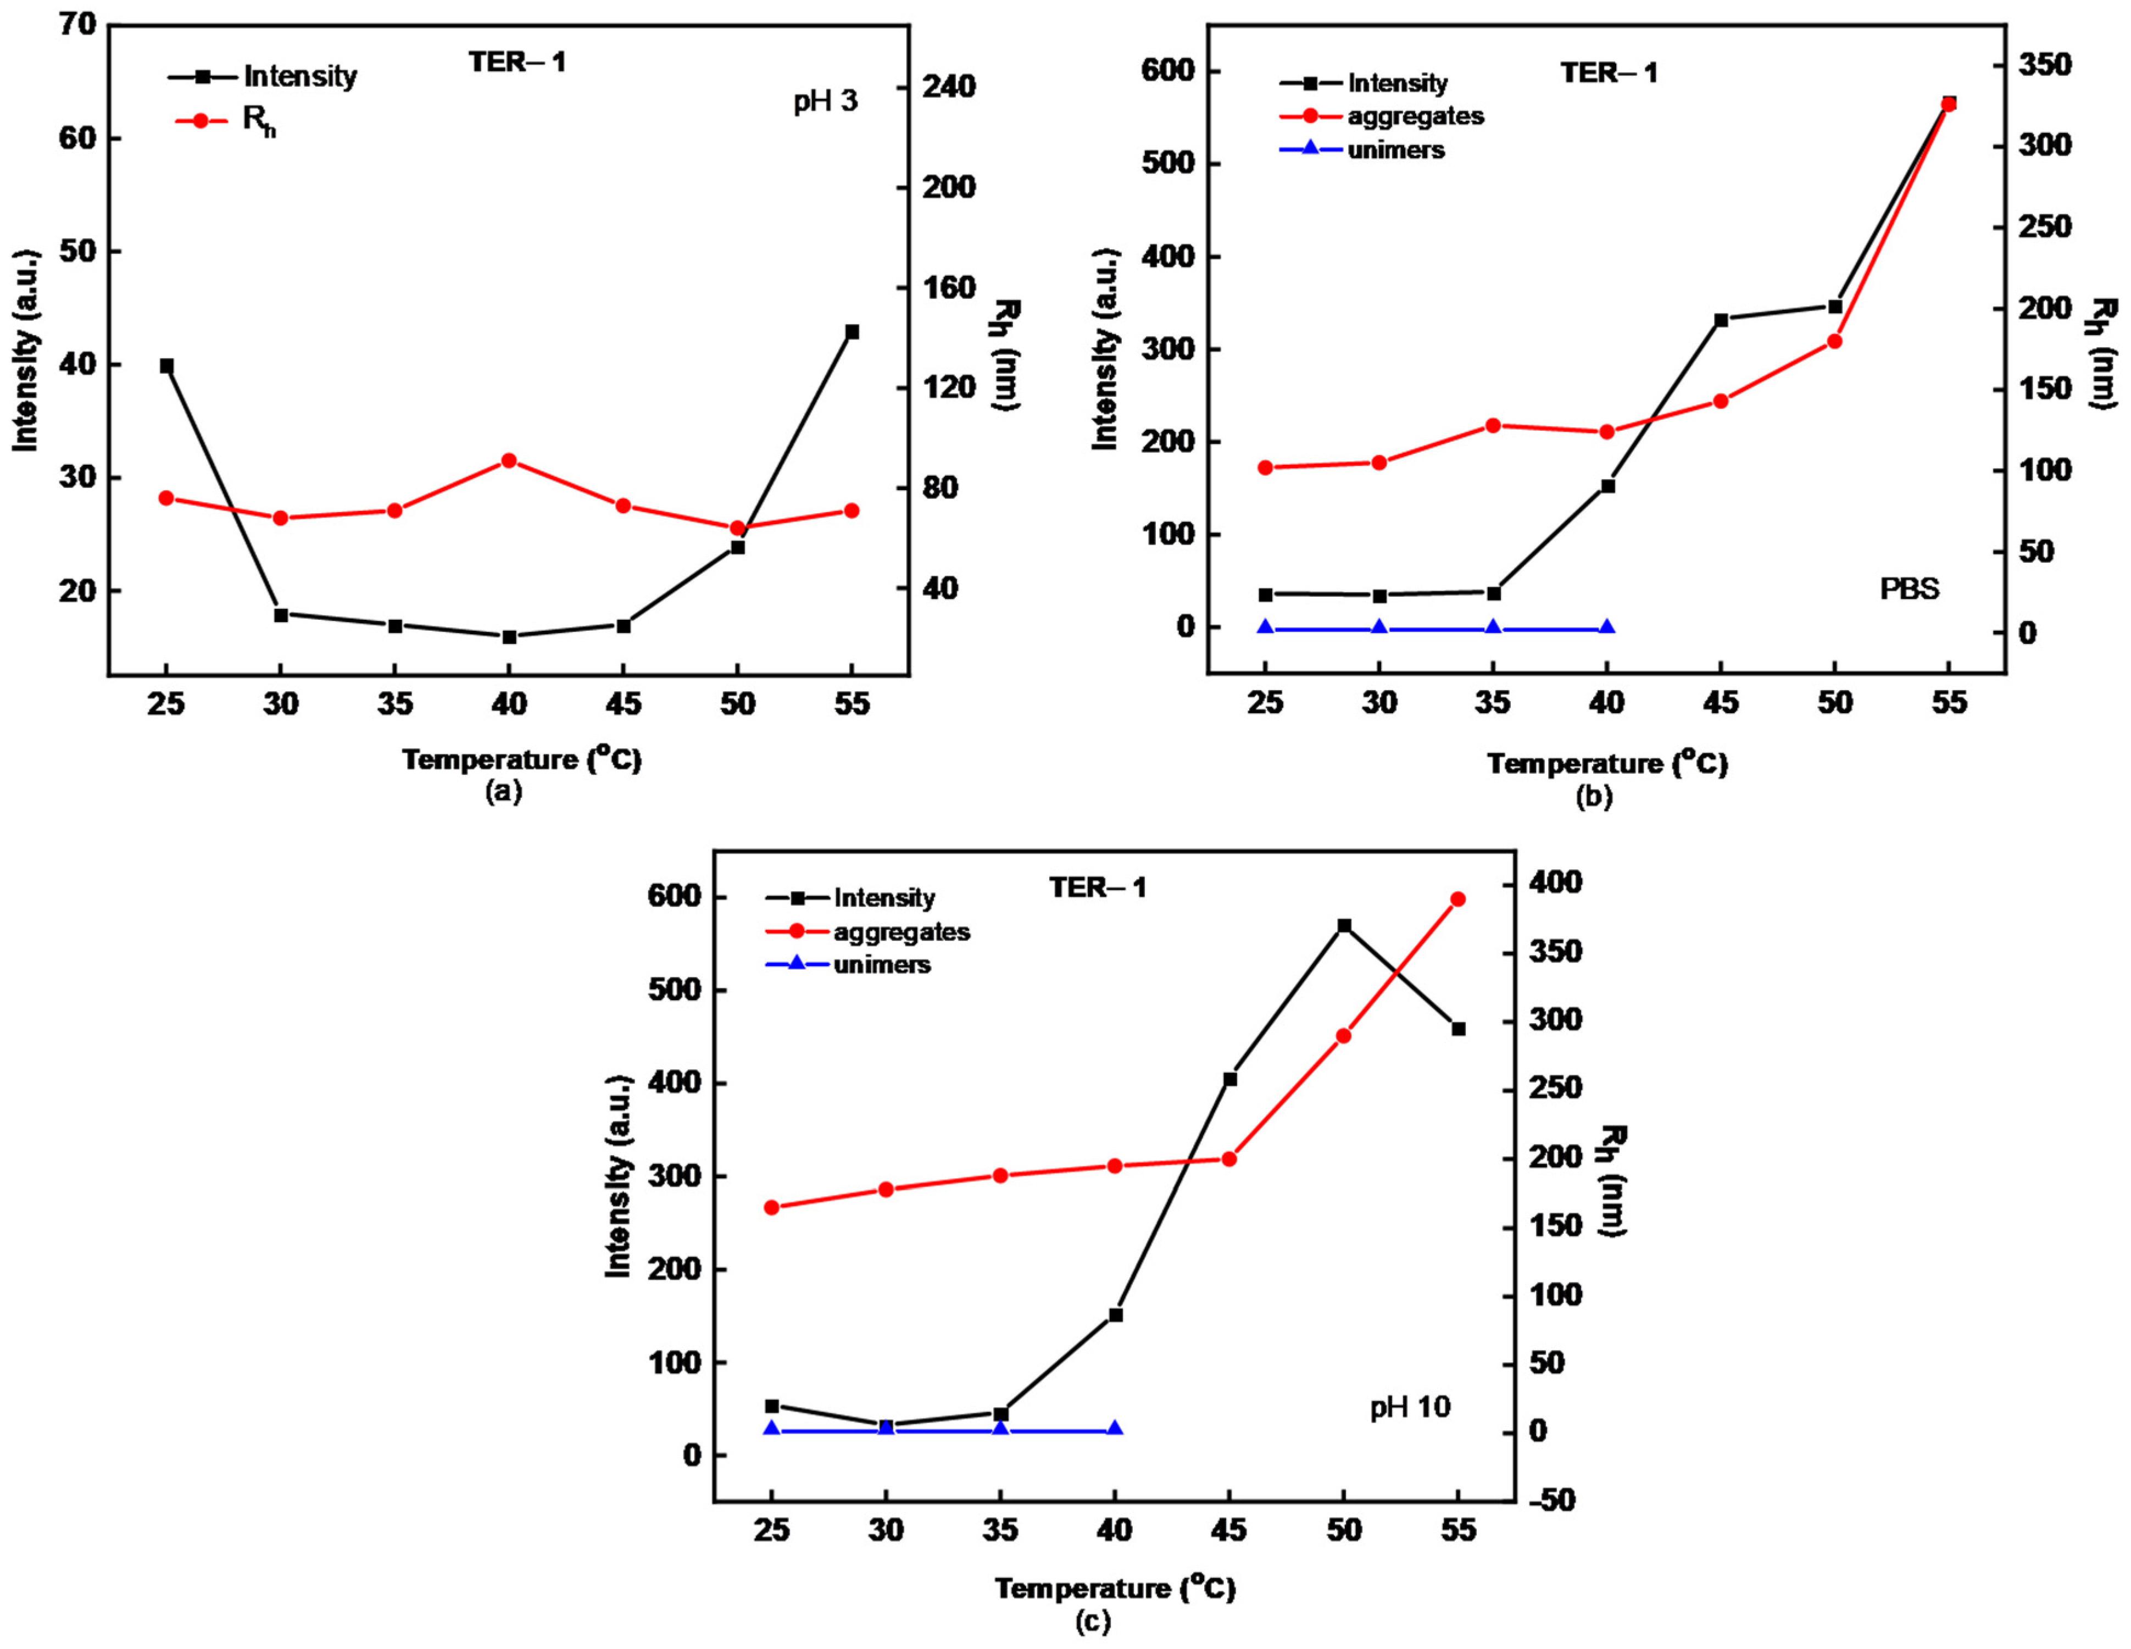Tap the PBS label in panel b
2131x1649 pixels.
1910,590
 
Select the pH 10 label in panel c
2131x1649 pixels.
1410,1407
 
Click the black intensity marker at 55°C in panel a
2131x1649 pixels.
852,332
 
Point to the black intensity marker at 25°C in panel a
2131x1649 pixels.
167,366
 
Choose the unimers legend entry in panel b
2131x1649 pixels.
1395,150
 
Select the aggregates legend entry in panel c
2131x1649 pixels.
900,932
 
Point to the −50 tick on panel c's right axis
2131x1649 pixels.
1550,1501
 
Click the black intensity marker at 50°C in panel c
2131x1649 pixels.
1344,925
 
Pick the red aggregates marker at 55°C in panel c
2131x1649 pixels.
1457,898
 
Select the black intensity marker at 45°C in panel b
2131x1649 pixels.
1721,320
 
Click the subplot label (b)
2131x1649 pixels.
1594,796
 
